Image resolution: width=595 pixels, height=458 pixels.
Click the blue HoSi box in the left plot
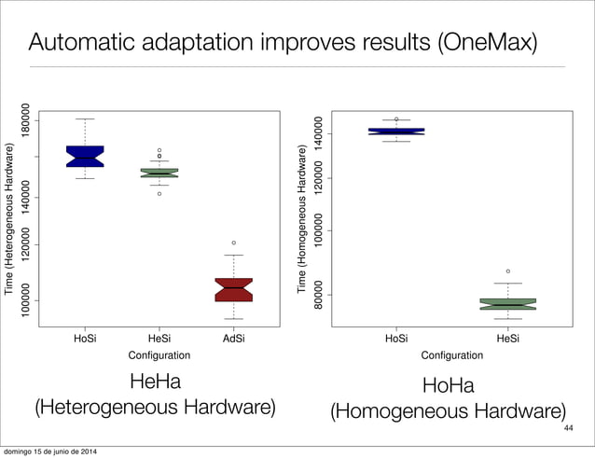tap(85, 156)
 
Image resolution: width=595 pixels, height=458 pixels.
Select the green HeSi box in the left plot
tap(159, 173)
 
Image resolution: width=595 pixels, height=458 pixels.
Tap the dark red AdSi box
tap(233, 289)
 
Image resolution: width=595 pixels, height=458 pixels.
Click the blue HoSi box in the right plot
tap(396, 132)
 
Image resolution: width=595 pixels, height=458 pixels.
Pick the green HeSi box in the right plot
tap(508, 304)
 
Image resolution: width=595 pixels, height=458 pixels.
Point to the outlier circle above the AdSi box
tap(234, 243)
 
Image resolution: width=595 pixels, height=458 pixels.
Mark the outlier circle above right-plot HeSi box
tap(508, 271)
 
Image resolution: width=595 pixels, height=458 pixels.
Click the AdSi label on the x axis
tap(234, 340)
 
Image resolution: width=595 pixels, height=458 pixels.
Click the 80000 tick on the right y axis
tap(318, 295)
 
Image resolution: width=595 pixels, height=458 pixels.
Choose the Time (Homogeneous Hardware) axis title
tap(301, 220)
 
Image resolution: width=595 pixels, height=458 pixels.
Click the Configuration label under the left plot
tap(159, 355)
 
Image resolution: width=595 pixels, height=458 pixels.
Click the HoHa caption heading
tap(449, 385)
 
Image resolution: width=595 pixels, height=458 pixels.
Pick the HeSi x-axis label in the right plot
tap(508, 340)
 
